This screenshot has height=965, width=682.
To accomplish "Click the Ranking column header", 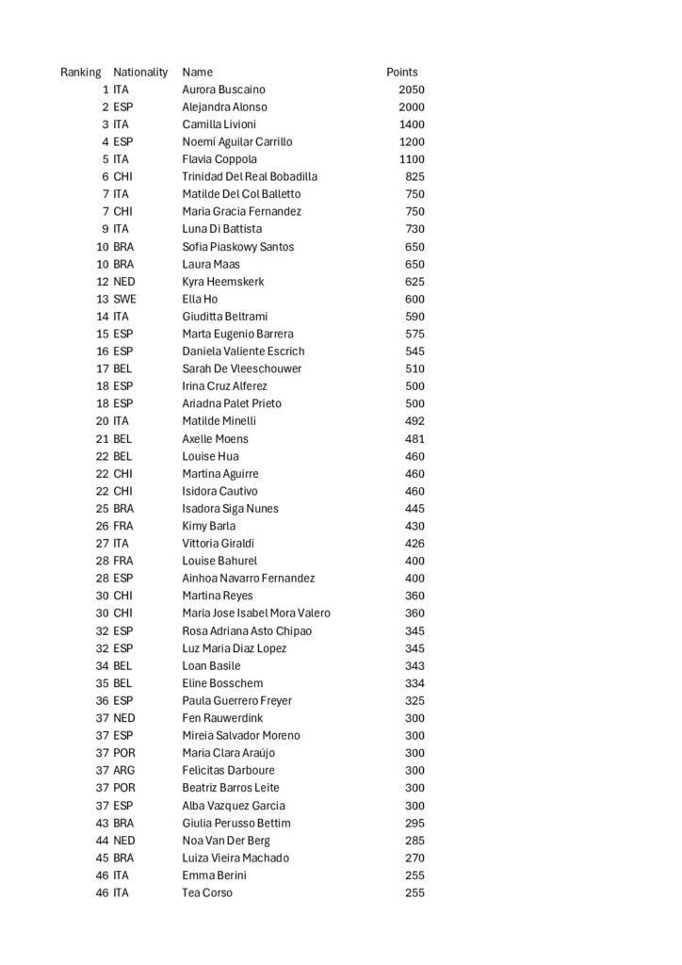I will (81, 72).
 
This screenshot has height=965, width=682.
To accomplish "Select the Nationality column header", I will (140, 72).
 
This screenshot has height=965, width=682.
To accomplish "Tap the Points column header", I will (402, 72).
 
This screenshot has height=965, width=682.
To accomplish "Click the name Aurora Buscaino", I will (223, 90).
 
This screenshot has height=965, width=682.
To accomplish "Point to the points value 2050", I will (412, 90).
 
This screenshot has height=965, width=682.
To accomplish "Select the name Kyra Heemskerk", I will (223, 282).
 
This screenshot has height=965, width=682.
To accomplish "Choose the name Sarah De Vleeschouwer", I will (242, 368).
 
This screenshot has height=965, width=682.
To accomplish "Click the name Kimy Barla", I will (209, 526).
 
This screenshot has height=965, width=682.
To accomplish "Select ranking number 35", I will (102, 683).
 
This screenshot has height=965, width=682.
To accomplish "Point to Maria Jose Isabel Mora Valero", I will (256, 613).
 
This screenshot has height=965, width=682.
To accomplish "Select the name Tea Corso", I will (207, 892).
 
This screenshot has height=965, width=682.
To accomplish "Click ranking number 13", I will (102, 299).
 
